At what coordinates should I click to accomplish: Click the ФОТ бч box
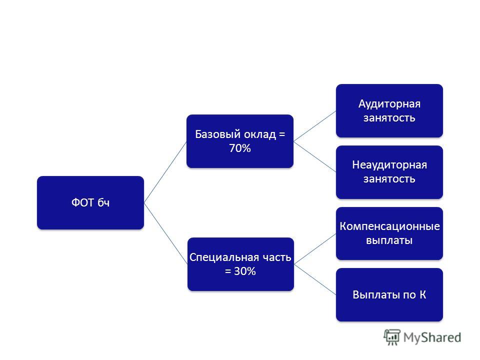coord(90,202)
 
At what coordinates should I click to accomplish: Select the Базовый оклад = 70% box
coord(240,141)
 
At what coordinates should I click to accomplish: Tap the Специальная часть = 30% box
coord(240,264)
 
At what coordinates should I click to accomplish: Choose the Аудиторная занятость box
coord(389,110)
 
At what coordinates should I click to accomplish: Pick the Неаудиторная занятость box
coord(389,172)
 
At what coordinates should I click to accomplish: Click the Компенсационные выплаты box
coord(389,233)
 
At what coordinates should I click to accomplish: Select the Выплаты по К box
coord(389,295)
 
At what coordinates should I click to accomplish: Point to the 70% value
coord(240,148)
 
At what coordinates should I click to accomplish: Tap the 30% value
coord(245,271)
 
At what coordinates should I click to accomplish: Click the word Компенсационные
coord(389,226)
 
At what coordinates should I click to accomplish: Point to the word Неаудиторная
coord(389,165)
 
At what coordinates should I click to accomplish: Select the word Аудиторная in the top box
coord(389,104)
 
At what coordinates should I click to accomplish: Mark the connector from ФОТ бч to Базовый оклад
coord(165,172)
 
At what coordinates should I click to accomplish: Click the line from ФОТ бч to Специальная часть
coord(165,233)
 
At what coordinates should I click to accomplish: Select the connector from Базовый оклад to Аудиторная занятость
coord(314,126)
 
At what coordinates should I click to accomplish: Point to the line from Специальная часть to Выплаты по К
coord(315,279)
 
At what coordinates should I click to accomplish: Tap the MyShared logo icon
coord(392,337)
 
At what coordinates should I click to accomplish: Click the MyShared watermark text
coord(432,337)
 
